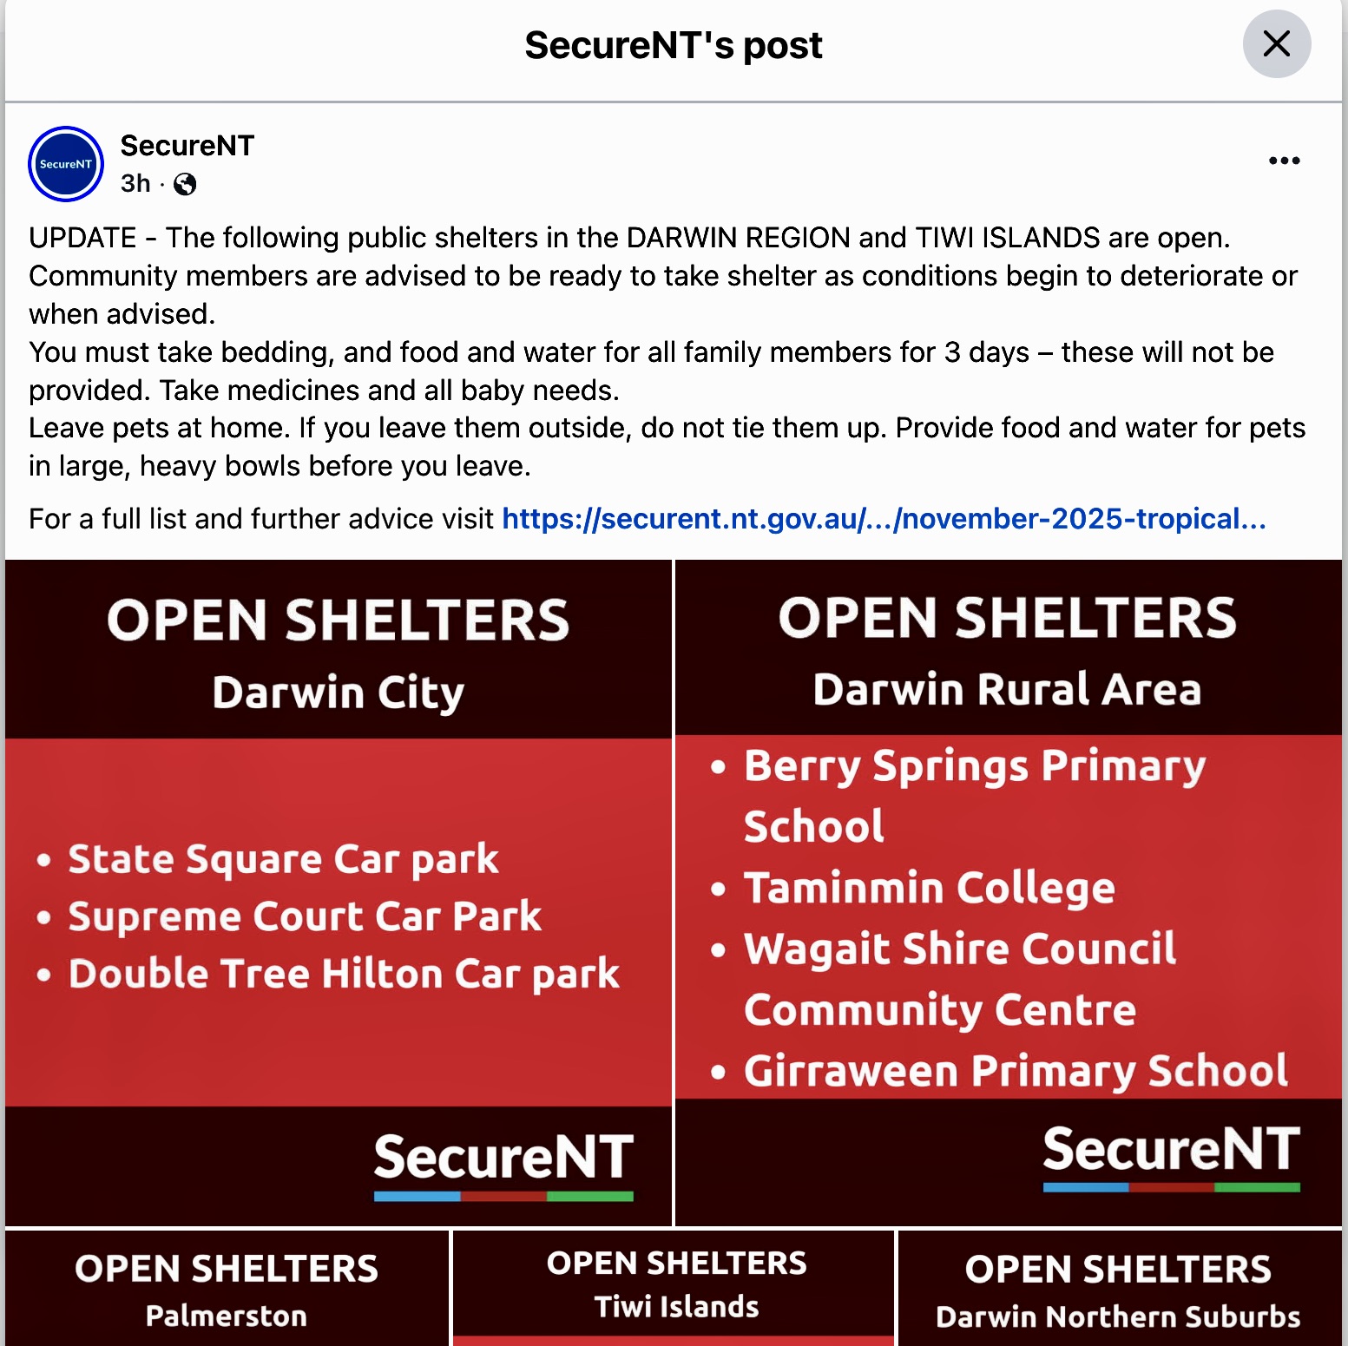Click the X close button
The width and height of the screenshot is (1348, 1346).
click(x=1276, y=43)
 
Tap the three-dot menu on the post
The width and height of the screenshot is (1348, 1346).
click(x=1284, y=161)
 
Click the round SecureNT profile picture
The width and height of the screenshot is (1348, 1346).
click(x=66, y=164)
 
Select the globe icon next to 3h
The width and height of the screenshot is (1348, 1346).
click(x=185, y=184)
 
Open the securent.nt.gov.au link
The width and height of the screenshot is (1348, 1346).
click(x=884, y=519)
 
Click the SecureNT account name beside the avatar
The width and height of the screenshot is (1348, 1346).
click(x=187, y=146)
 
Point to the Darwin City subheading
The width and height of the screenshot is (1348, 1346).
click(x=338, y=693)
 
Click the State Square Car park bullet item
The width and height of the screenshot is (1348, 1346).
click(x=283, y=859)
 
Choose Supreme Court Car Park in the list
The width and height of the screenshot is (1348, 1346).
click(x=305, y=916)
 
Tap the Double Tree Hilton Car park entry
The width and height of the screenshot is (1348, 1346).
click(x=344, y=974)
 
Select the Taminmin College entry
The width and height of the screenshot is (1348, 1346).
click(x=929, y=888)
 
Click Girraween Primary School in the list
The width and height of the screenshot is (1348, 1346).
click(x=1016, y=1071)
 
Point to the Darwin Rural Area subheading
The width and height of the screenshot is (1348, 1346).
click(x=1007, y=690)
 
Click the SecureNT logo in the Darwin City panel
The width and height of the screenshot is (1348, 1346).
click(x=503, y=1161)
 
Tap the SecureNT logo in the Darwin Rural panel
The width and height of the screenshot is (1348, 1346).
click(x=1171, y=1152)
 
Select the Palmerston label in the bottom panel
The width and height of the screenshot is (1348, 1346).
click(x=226, y=1316)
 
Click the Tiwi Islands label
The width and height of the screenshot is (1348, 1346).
click(x=676, y=1306)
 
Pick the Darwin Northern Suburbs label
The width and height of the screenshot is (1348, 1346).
click(x=1118, y=1316)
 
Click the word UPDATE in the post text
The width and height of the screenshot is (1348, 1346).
click(x=82, y=238)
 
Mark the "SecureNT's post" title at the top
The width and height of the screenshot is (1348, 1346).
click(x=674, y=45)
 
